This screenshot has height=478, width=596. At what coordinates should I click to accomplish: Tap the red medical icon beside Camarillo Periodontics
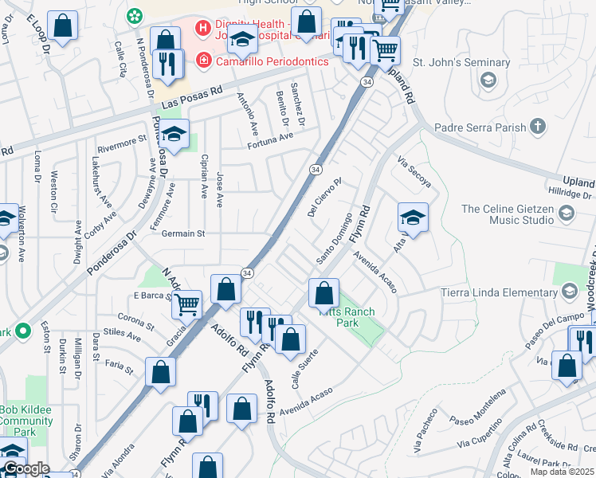tap(205, 61)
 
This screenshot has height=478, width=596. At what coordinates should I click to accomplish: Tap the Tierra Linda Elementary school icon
tap(569, 292)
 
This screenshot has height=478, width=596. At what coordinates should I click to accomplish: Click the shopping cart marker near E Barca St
tap(187, 303)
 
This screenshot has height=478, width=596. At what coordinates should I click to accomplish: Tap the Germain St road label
tap(185, 234)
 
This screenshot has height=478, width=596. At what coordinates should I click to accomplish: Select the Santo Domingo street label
tap(334, 239)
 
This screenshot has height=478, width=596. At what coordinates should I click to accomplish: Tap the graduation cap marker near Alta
tap(413, 217)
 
